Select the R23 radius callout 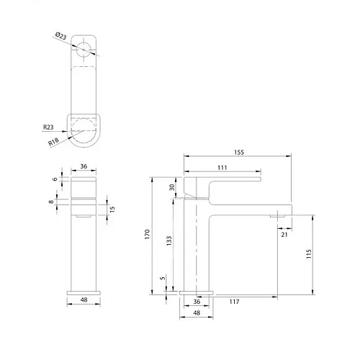tap(48, 127)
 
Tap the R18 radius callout tap(54, 143)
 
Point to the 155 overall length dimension tap(238, 153)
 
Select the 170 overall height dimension tap(147, 233)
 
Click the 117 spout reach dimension tap(235, 302)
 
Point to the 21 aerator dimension tap(284, 234)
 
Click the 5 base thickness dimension tap(163, 278)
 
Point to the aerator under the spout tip tap(279, 214)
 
